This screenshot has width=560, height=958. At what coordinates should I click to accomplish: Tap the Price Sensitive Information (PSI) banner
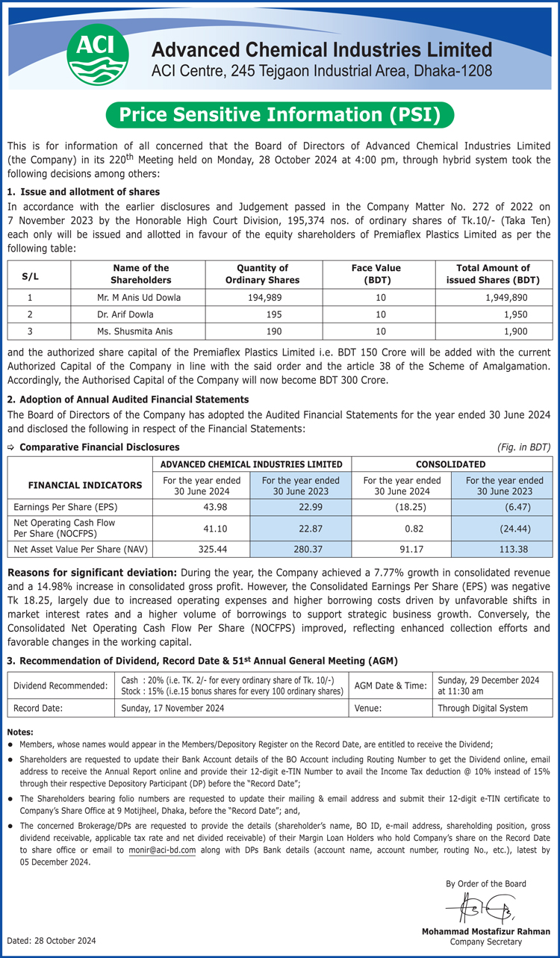pyautogui.click(x=280, y=115)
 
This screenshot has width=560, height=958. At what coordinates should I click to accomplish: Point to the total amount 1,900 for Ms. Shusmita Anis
pyautogui.click(x=516, y=331)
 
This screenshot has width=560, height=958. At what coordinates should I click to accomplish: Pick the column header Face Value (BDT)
pyautogui.click(x=376, y=274)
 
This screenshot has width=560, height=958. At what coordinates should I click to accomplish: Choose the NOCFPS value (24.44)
pyautogui.click(x=515, y=528)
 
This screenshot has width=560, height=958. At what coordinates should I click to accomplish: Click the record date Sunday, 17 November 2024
pyautogui.click(x=172, y=708)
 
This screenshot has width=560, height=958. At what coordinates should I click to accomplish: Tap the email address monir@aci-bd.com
pyautogui.click(x=162, y=850)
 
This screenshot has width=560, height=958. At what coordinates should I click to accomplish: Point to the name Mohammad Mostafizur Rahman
pyautogui.click(x=485, y=931)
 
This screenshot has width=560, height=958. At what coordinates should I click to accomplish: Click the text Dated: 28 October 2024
pyautogui.click(x=52, y=940)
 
